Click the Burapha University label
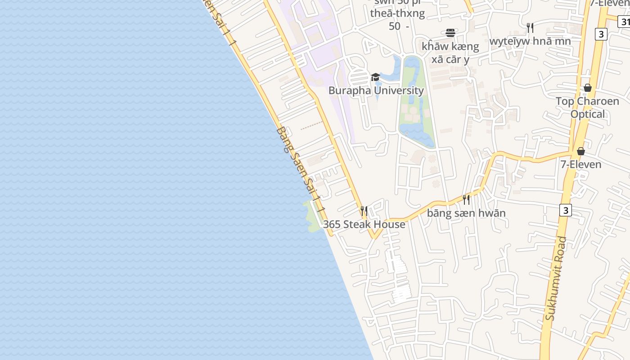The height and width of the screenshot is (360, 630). pyautogui.click(x=376, y=90)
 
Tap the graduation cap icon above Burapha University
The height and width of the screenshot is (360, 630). pyautogui.click(x=375, y=77)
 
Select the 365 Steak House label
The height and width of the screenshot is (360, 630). pyautogui.click(x=364, y=224)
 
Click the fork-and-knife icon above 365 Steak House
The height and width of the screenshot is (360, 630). pyautogui.click(x=364, y=211)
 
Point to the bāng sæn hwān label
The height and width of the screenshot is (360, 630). pyautogui.click(x=466, y=213)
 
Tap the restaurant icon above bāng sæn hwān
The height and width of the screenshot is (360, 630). pyautogui.click(x=466, y=199)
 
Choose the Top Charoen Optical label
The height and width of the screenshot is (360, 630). pyautogui.click(x=587, y=108)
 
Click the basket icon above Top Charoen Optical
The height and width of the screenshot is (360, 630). pyautogui.click(x=587, y=88)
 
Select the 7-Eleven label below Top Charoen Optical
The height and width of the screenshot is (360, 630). pyautogui.click(x=580, y=164)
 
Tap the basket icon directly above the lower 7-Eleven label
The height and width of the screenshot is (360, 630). pyautogui.click(x=581, y=151)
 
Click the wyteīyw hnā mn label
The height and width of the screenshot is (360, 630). pyautogui.click(x=530, y=41)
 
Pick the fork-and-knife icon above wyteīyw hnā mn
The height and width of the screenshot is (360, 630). pyautogui.click(x=530, y=28)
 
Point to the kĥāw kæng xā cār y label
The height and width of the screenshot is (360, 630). pyautogui.click(x=450, y=53)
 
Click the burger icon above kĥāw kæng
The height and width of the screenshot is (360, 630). pyautogui.click(x=450, y=32)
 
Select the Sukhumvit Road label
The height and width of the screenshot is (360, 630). pyautogui.click(x=555, y=278)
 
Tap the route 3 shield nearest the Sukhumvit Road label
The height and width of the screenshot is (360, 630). pyautogui.click(x=566, y=210)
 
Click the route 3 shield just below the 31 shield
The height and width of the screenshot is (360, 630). pyautogui.click(x=601, y=34)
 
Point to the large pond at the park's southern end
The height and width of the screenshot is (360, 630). pyautogui.click(x=418, y=134)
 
